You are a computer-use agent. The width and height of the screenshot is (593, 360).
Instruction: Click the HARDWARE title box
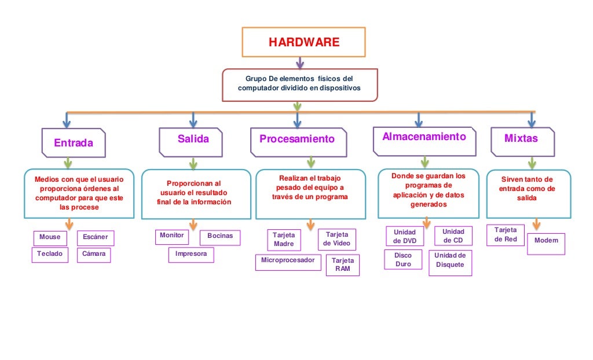point(303,42)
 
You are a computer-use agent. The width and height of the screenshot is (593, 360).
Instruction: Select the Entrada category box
point(74,142)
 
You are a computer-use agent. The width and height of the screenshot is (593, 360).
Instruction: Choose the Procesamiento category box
point(297,141)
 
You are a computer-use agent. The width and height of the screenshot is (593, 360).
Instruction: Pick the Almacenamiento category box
point(424,141)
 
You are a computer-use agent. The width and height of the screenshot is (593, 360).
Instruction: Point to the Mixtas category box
point(522,141)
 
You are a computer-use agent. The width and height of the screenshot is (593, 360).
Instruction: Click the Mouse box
point(50,238)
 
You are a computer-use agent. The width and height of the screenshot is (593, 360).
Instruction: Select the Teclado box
point(50,255)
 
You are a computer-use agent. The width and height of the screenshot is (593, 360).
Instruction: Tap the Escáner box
point(96,238)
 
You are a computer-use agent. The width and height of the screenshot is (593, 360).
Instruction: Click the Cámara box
point(94,255)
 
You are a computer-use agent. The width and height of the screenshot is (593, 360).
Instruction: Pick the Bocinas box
point(220,237)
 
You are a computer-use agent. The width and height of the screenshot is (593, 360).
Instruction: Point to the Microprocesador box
point(288,262)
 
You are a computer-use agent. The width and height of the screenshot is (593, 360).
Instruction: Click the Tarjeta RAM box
point(342,265)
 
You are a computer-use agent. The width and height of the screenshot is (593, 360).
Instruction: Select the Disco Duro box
point(403,260)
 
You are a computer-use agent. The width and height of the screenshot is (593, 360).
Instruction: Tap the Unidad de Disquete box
point(450,263)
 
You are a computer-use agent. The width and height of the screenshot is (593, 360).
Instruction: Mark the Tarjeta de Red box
point(506,235)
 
